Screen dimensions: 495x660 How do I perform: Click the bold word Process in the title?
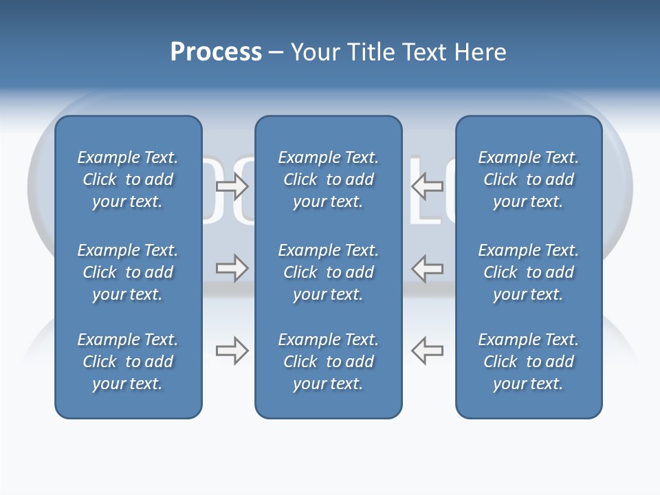click(216, 52)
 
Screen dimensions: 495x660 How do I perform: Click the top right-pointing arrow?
click(232, 186)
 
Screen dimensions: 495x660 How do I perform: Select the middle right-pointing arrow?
click(232, 268)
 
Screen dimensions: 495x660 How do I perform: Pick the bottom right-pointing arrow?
click(232, 351)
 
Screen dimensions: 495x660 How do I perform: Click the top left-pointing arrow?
click(427, 186)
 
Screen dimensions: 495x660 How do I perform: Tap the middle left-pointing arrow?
click(427, 268)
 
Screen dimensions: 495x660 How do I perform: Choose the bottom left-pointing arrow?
click(427, 351)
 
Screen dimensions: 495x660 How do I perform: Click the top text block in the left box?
click(128, 179)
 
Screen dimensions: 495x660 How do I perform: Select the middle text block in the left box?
click(128, 272)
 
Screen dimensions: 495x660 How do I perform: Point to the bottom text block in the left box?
click(128, 362)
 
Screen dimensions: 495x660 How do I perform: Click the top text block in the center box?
click(328, 179)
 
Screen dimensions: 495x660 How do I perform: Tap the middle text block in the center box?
click(328, 272)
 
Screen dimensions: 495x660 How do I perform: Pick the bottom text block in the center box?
click(328, 362)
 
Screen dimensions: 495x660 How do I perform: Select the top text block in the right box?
click(528, 179)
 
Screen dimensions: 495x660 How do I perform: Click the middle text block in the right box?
click(528, 272)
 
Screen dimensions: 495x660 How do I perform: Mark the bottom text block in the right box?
click(528, 362)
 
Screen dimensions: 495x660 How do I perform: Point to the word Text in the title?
click(423, 52)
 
